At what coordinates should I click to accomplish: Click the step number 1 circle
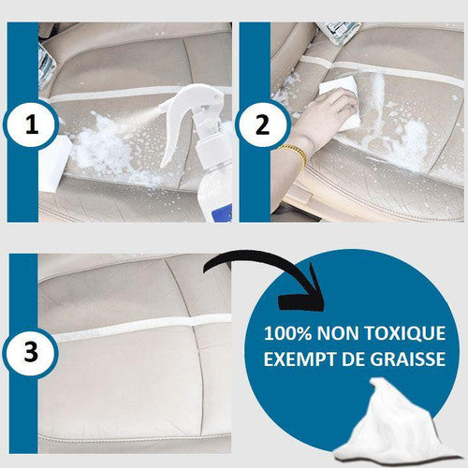pyautogui.click(x=31, y=125)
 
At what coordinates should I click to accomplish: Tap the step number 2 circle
pyautogui.click(x=263, y=125)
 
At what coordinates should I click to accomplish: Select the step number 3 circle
pyautogui.click(x=31, y=353)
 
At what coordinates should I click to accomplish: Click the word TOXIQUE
pyautogui.click(x=405, y=333)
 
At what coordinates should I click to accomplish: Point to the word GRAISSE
pyautogui.click(x=408, y=358)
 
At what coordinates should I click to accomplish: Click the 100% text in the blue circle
pyautogui.click(x=287, y=333)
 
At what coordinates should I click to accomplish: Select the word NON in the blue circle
pyautogui.click(x=338, y=333)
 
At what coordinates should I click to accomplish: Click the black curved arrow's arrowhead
pyautogui.click(x=301, y=293)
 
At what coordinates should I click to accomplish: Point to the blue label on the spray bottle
pyautogui.click(x=222, y=212)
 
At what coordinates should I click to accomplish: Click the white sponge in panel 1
pyautogui.click(x=53, y=162)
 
